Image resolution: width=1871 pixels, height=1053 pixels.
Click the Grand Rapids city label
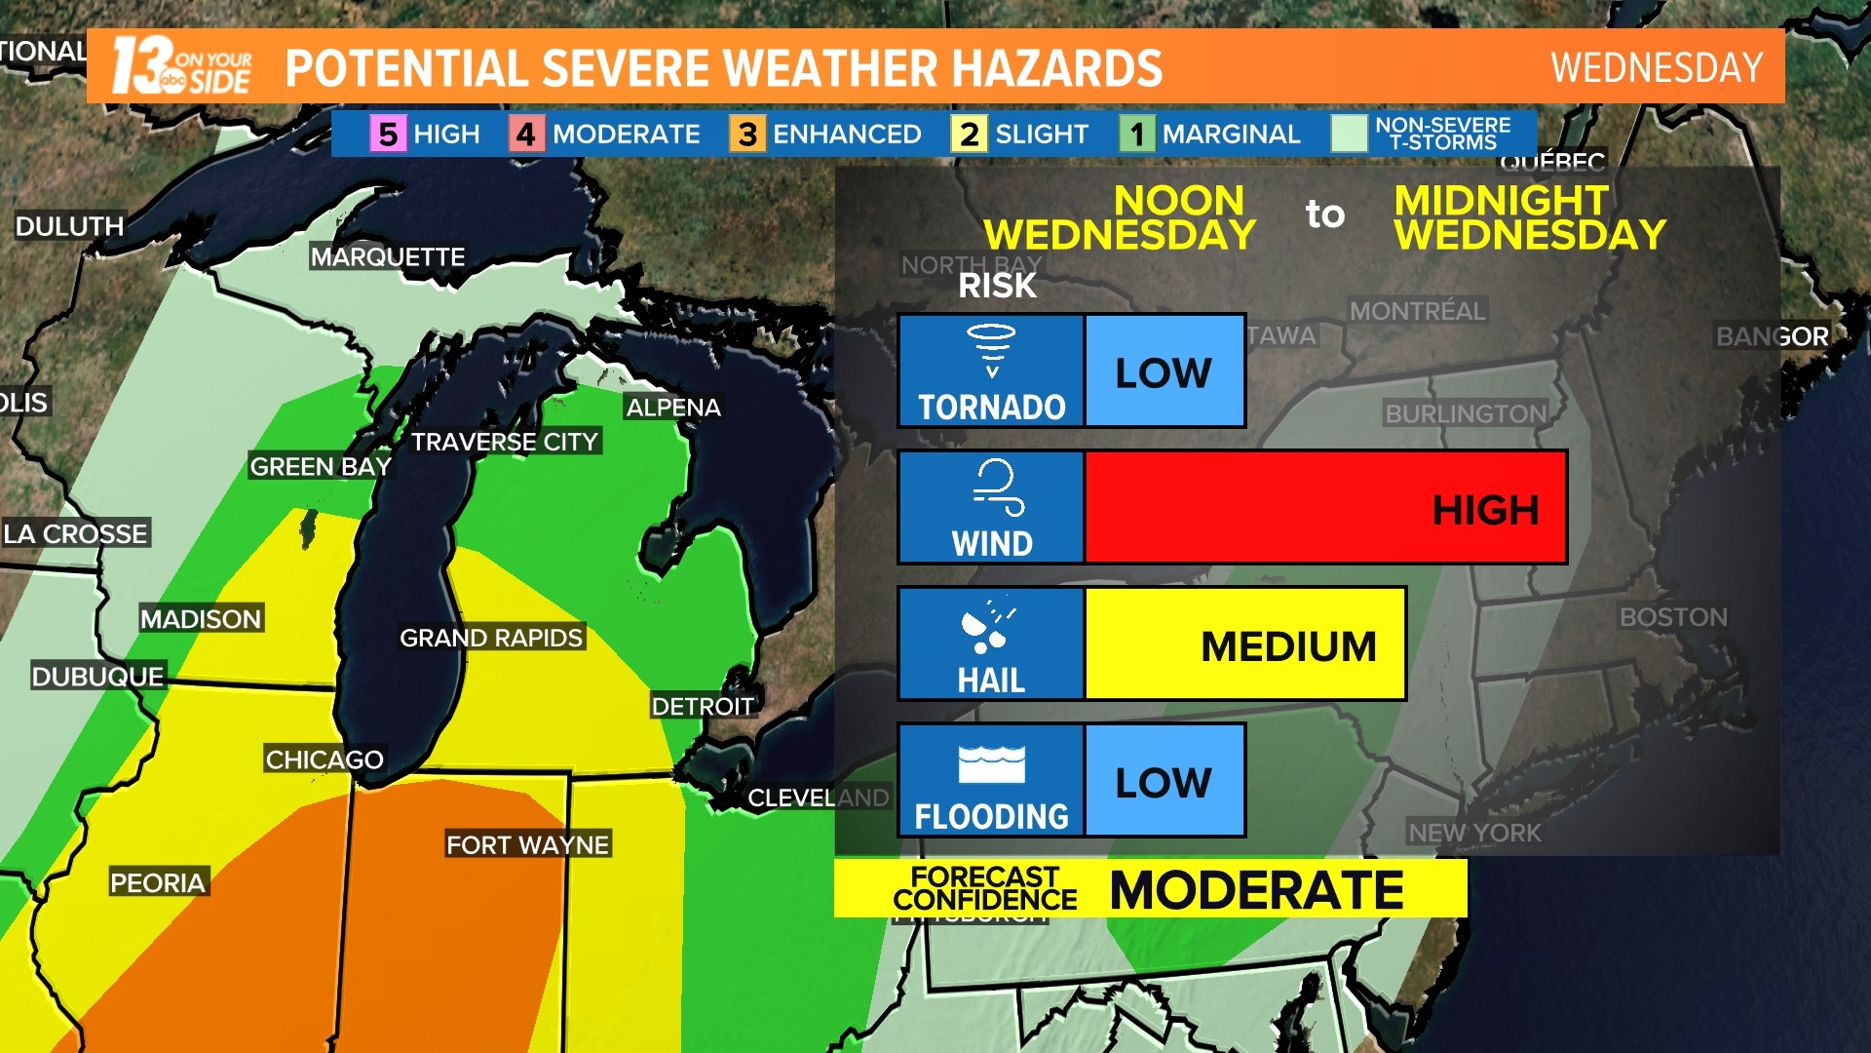[490, 638]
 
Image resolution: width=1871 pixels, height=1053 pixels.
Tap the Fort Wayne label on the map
[527, 844]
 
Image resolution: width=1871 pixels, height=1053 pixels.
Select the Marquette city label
[387, 257]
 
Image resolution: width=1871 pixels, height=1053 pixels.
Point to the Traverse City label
[504, 442]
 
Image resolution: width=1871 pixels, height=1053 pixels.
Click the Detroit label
[702, 706]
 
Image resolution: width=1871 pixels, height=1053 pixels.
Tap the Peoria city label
[157, 882]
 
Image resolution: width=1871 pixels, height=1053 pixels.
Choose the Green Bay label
[320, 467]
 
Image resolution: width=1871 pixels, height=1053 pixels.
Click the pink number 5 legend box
[387, 134]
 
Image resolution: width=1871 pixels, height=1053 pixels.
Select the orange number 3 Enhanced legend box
[746, 134]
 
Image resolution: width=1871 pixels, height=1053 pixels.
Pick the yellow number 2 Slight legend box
[968, 134]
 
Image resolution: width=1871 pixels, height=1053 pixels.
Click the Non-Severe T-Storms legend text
[1442, 134]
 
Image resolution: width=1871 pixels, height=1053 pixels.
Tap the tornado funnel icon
[991, 350]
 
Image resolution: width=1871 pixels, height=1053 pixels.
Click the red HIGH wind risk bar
[1325, 507]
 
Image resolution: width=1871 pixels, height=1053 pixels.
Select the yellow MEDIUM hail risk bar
[1244, 643]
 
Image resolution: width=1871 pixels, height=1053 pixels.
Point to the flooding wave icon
[991, 763]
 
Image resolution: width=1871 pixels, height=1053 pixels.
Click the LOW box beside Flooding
[1165, 781]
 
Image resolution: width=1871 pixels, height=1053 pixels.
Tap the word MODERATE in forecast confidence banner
[1256, 889]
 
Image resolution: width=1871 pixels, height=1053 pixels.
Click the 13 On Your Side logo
[181, 66]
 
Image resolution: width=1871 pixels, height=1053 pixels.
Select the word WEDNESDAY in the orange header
[1656, 67]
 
